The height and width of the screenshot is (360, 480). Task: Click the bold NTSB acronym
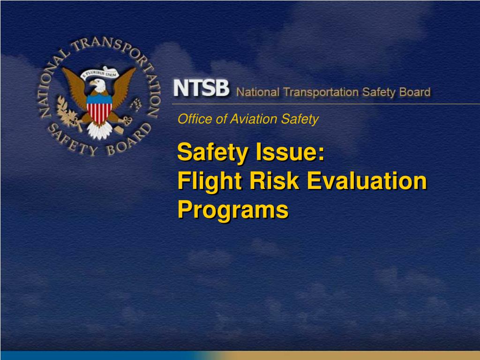pos(201,88)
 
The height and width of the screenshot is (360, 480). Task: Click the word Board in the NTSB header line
pos(414,92)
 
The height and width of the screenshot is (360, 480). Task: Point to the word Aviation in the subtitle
pos(247,120)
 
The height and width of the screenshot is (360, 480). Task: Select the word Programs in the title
pos(233,210)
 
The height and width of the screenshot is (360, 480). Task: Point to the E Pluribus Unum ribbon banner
pos(99,73)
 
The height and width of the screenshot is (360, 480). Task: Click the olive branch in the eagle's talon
pos(65,112)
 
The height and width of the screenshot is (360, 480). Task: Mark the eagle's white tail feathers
pos(99,131)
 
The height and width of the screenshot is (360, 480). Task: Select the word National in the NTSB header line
pos(257,92)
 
